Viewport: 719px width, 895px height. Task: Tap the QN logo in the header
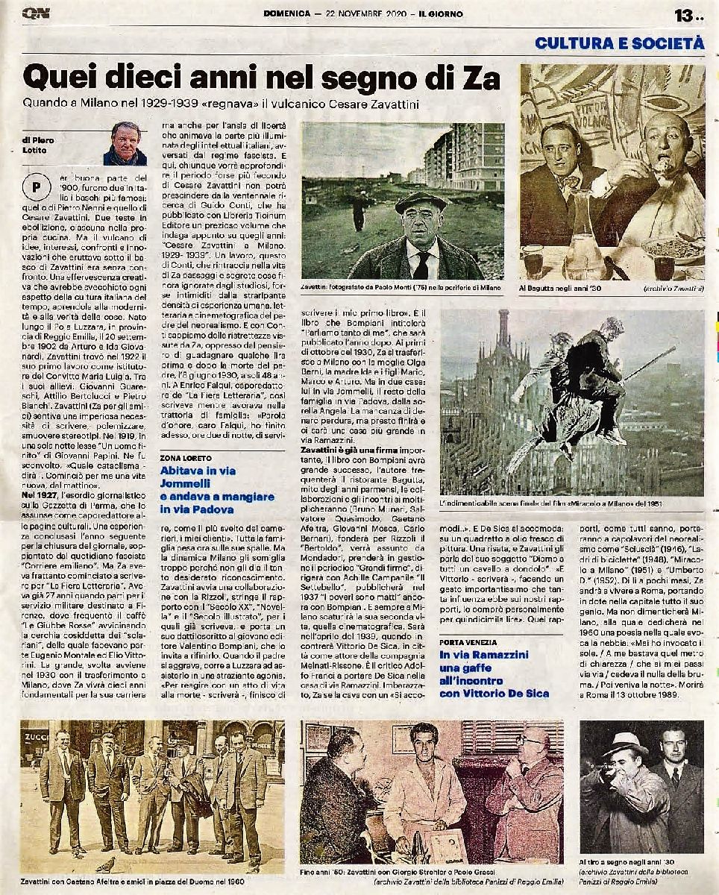[35, 14]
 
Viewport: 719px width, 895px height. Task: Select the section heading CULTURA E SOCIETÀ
[619, 43]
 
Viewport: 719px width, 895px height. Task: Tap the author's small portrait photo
[125, 143]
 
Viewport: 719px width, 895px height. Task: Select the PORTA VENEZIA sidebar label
[468, 641]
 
